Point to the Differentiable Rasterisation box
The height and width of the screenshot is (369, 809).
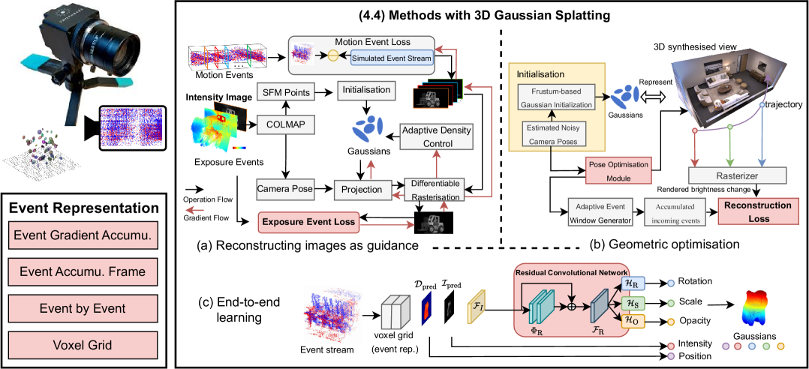436,190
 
